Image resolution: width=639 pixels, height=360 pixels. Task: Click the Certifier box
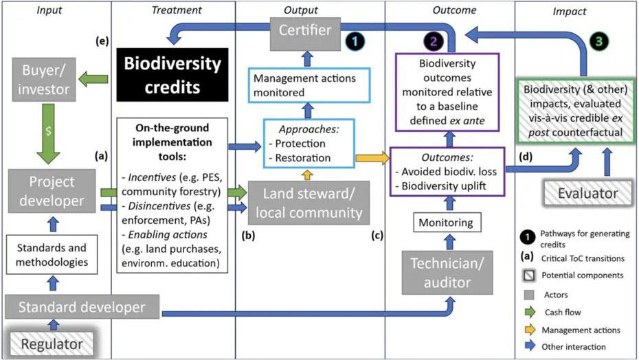(305, 34)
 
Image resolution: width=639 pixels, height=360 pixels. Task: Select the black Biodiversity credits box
(172, 75)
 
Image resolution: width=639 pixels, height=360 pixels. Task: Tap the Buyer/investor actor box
(44, 80)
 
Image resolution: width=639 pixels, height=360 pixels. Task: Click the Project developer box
(52, 191)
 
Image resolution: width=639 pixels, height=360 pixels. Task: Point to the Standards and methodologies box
(52, 254)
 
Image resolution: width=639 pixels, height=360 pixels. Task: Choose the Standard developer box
(82, 307)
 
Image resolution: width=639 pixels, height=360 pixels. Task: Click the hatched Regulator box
(52, 344)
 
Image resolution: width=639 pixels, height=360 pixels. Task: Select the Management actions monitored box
(309, 85)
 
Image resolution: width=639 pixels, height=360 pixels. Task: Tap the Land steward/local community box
(309, 203)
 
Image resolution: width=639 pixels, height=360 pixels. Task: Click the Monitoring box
(447, 222)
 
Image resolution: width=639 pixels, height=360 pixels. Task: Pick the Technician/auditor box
(447, 272)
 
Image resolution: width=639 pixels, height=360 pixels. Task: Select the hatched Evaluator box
(587, 193)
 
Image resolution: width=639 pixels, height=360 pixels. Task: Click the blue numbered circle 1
(355, 41)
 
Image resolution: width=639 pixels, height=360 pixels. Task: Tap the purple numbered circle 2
(433, 41)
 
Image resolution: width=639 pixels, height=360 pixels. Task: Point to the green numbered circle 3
(599, 41)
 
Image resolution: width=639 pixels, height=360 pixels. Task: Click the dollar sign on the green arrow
(48, 131)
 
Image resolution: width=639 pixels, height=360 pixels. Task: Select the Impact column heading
(570, 12)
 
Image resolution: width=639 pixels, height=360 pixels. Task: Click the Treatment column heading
(176, 10)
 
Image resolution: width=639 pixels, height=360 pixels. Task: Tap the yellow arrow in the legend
(530, 329)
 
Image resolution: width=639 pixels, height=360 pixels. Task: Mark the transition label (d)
(526, 157)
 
